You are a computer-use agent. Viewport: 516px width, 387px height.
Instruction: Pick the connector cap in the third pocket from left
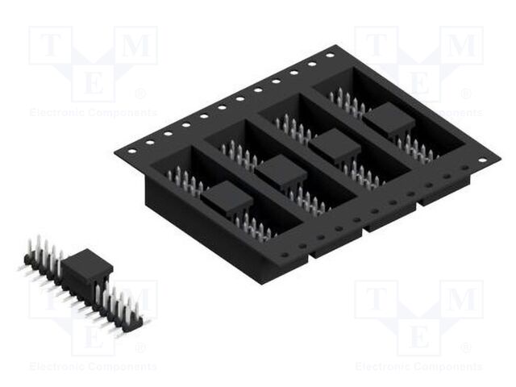(335, 146)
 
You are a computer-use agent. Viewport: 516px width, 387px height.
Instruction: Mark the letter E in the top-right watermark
(419, 84)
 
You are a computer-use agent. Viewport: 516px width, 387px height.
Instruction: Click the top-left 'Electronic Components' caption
(93, 113)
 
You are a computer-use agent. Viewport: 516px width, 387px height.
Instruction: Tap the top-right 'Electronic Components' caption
(419, 113)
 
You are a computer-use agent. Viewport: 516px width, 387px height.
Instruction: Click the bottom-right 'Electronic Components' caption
(419, 367)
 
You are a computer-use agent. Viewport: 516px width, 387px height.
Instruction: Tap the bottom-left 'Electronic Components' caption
(93, 367)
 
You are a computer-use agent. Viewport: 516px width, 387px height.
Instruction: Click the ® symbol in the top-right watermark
(466, 94)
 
